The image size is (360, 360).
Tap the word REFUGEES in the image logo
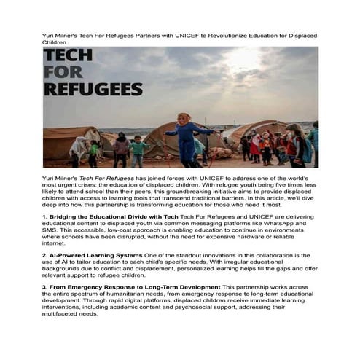pos(93,90)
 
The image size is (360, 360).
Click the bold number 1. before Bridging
pos(45,216)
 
